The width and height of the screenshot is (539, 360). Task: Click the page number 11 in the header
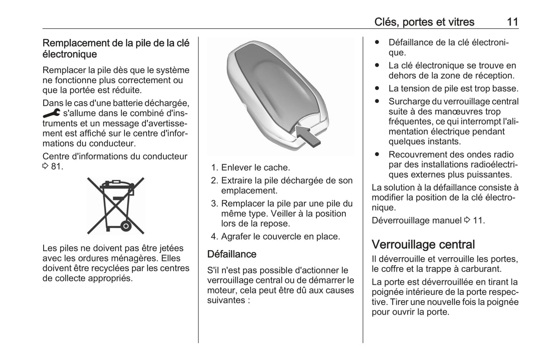[x=512, y=22]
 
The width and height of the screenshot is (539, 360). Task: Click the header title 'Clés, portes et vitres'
[x=424, y=22]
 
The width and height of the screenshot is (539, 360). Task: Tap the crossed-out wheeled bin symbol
[x=116, y=206]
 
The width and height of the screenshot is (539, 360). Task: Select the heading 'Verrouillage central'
[x=423, y=244]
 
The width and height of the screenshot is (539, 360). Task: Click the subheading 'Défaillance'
[x=232, y=254]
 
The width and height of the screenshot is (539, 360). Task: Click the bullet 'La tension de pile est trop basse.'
[x=453, y=88]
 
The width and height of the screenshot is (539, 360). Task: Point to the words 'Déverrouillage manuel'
[x=416, y=220]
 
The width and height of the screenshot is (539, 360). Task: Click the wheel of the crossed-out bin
[x=126, y=226]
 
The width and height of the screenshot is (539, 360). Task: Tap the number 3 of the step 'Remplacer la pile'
[x=214, y=204]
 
